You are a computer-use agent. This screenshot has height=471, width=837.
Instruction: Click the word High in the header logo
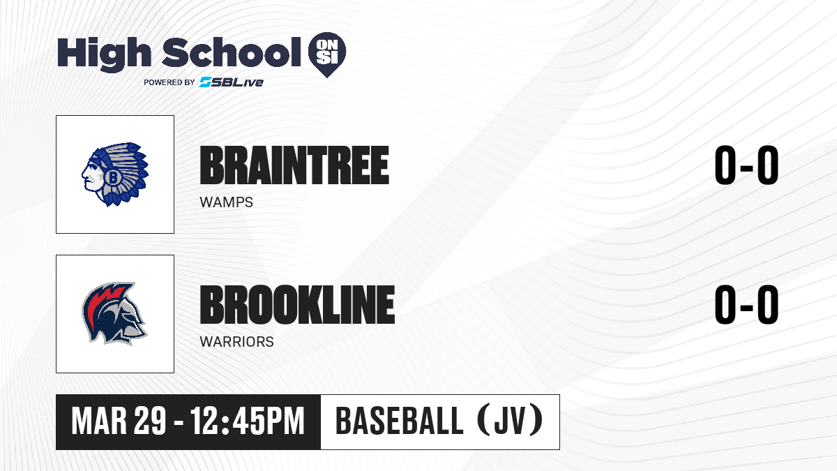point(104,54)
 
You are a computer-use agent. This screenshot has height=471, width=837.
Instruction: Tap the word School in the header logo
point(232,52)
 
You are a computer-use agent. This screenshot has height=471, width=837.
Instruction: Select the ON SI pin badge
point(327,54)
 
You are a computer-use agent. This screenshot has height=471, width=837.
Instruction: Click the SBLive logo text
point(232,82)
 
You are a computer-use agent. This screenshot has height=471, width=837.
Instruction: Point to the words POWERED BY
point(169,82)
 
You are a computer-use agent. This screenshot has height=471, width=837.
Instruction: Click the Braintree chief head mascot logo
point(115,174)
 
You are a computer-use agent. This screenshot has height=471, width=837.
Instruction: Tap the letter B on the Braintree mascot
point(112,177)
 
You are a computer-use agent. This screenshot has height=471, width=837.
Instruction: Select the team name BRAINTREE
point(294,165)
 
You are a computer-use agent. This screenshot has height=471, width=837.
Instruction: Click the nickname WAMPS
point(227,202)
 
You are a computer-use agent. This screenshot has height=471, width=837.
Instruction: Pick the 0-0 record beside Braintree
point(746,165)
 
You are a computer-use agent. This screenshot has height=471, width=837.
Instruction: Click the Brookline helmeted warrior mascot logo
point(114,313)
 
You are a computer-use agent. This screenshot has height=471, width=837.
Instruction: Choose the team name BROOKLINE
point(297,305)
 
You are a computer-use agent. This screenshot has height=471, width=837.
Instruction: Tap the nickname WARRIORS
point(237,342)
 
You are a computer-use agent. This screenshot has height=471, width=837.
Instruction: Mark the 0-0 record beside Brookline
point(746,305)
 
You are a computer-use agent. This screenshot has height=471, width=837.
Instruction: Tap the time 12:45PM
point(248,421)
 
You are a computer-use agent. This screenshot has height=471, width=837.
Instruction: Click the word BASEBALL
point(400,421)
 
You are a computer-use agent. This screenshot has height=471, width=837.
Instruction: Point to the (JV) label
point(511,421)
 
